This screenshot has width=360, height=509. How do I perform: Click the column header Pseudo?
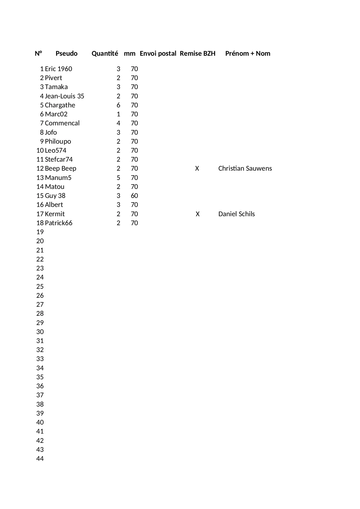pos(66,53)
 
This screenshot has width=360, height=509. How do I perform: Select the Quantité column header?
pos(105,53)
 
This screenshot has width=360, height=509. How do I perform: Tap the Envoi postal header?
pos(158,53)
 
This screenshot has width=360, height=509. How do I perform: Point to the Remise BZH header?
pos(198,53)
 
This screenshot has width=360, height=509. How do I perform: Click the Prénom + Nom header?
pos(247,53)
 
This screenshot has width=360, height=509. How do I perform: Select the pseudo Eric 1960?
pos(58,69)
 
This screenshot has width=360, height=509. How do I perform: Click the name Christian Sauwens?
pos(245,169)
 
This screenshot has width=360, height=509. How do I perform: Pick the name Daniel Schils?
pos(236,214)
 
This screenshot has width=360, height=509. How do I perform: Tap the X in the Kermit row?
pos(198,214)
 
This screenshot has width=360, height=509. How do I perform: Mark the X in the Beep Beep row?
pos(197,169)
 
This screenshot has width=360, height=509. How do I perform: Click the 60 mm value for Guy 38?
pos(134,196)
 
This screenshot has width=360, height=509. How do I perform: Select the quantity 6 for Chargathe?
pos(118,105)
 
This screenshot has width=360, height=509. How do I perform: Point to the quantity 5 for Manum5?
pos(118,178)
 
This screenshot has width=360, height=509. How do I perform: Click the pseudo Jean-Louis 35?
pos(64,96)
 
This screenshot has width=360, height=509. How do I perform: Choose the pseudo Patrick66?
pos(59,223)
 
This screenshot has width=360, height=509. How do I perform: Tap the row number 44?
pos(40,459)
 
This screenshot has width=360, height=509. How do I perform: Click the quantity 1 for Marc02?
pos(118,114)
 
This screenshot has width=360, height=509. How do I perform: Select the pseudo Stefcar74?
pos(59,160)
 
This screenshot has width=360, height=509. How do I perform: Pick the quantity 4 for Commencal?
pos(118,123)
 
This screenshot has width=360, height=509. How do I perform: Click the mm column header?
pos(130,53)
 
